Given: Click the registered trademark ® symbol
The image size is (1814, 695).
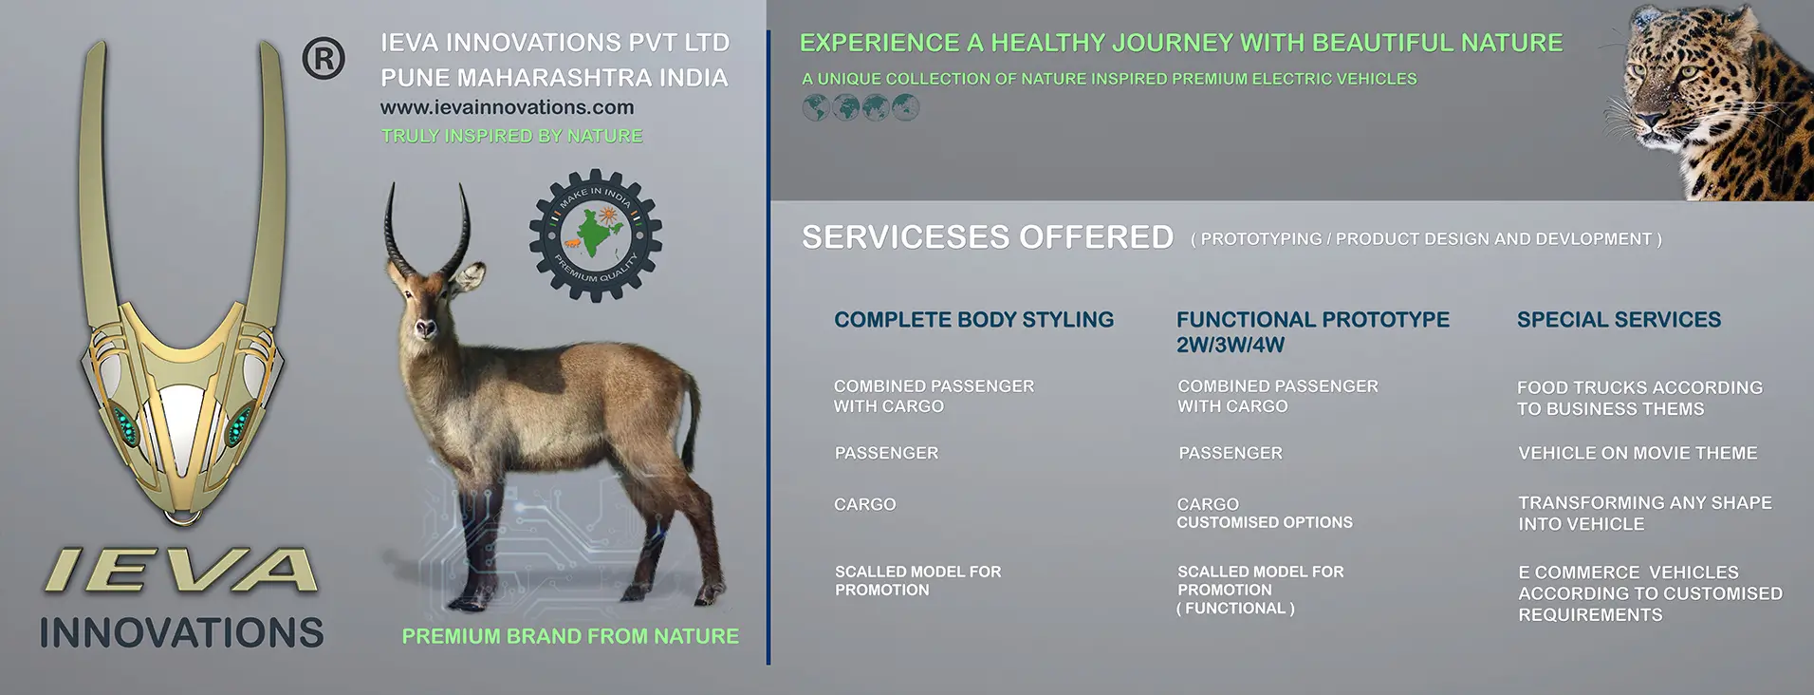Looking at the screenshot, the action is click(324, 59).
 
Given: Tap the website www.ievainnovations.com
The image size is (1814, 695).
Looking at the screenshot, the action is click(508, 107).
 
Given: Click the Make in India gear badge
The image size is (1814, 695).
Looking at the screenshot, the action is click(596, 235).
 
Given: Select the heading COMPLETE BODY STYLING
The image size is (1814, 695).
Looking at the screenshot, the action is click(974, 320).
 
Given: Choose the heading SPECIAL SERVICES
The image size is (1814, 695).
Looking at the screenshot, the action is click(1619, 320).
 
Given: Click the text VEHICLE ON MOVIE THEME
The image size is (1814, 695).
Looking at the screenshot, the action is click(1638, 454).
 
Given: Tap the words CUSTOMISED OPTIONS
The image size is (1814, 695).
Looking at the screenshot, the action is click(1265, 522).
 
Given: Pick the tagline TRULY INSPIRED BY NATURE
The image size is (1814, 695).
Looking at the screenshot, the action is click(511, 136).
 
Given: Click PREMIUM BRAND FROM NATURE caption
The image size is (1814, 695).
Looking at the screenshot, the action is click(570, 636).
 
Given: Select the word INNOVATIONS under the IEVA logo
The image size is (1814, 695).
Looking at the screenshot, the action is click(181, 632).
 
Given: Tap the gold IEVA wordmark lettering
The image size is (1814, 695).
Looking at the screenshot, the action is click(181, 571).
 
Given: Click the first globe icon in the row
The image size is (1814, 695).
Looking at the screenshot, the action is click(815, 108).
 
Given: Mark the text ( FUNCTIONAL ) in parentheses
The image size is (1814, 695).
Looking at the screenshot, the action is click(1235, 609).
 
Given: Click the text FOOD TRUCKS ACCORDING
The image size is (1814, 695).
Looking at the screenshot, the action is click(1639, 388).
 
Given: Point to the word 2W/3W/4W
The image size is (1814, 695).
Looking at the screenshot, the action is click(1231, 346).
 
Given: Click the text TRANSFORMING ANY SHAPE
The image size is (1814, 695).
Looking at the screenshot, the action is click(1645, 503).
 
